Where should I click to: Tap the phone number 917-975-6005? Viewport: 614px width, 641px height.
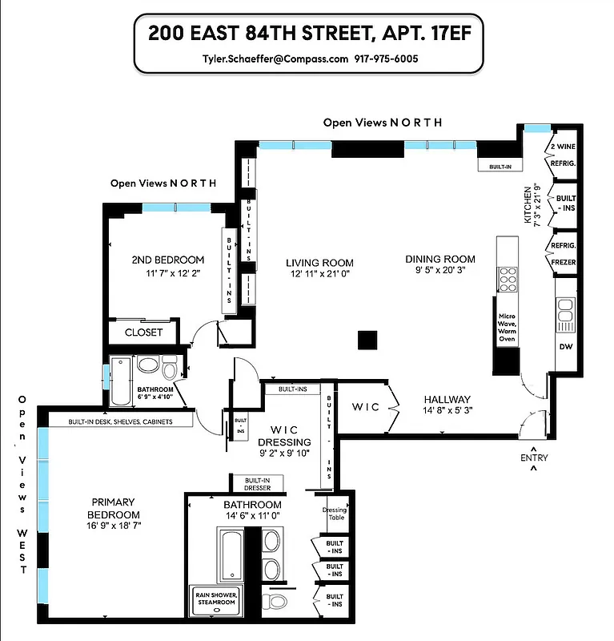coord(387,58)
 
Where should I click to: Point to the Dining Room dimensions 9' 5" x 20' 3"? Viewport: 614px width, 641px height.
coord(439,272)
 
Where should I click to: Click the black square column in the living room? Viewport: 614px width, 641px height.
coord(367,340)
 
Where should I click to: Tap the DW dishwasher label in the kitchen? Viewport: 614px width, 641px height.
coord(565,347)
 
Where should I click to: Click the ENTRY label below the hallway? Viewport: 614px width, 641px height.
coord(535,458)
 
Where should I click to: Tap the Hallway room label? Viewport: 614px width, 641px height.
coord(447,400)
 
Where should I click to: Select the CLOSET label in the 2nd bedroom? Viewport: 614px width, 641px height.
coord(144,332)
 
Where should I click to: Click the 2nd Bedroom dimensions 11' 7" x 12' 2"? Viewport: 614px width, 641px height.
coord(167,273)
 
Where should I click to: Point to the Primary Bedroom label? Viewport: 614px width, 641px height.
coord(115,508)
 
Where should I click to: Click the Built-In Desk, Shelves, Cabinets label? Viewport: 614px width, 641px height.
coord(120,421)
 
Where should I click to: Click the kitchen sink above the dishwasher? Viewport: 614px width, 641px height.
coord(565,312)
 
